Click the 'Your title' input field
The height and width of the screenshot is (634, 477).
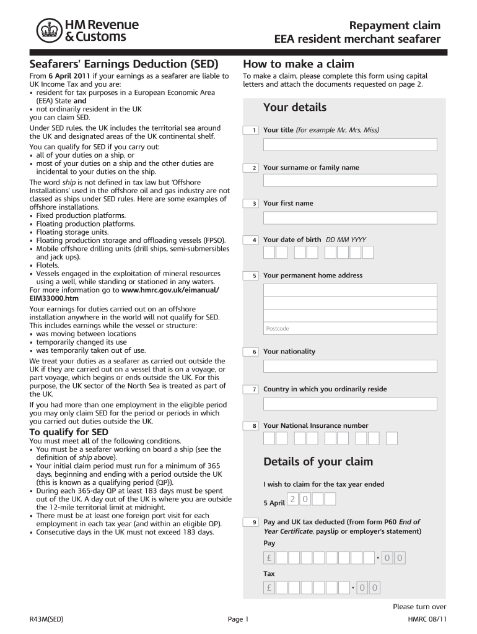pyautogui.click(x=350, y=145)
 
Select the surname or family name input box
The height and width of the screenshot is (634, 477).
pyautogui.click(x=350, y=181)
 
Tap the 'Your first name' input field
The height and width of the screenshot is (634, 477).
pyautogui.click(x=350, y=218)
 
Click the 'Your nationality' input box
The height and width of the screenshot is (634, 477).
pyautogui.click(x=350, y=366)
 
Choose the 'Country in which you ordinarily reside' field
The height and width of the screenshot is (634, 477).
pyautogui.click(x=350, y=404)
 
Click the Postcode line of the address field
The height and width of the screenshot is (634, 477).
pyautogui.click(x=350, y=328)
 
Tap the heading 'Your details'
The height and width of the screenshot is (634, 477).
pyautogui.click(x=294, y=108)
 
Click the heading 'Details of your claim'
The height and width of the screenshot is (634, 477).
pyautogui.click(x=318, y=462)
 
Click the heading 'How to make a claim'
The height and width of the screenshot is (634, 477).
pyautogui.click(x=299, y=64)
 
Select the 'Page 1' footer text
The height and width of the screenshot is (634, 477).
pyautogui.click(x=238, y=619)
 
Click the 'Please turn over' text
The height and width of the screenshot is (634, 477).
pyautogui.click(x=419, y=607)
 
